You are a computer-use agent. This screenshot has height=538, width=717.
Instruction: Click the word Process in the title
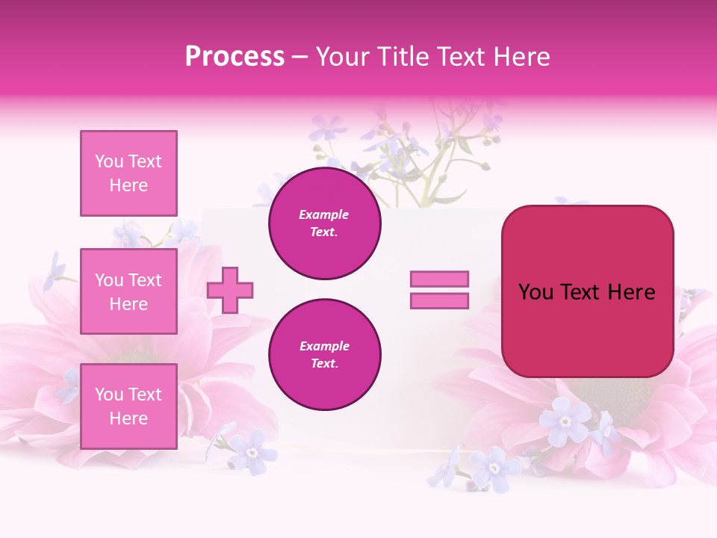[x=235, y=57]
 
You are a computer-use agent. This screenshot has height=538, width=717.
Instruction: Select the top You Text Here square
[x=128, y=173]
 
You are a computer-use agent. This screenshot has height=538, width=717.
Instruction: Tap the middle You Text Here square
[x=128, y=291]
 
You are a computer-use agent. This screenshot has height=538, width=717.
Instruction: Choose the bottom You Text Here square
[x=128, y=406]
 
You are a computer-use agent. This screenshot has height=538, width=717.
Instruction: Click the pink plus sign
[x=230, y=290]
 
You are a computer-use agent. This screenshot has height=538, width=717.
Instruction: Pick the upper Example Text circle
[x=325, y=223]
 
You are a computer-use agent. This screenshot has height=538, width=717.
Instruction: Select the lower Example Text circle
[x=325, y=355]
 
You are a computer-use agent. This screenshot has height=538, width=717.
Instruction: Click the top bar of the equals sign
[x=439, y=279]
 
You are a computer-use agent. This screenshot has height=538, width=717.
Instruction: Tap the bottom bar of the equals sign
[x=439, y=300]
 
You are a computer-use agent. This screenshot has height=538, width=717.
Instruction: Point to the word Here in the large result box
[x=631, y=292]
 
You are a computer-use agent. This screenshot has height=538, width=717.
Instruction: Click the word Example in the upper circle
[x=324, y=214]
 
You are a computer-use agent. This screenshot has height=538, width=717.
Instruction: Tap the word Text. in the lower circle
[x=324, y=364]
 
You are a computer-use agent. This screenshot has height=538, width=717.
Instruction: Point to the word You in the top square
[x=109, y=161]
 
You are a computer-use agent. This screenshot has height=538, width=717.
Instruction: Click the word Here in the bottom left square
[x=128, y=418]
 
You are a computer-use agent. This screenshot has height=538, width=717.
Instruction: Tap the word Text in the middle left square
[x=145, y=280]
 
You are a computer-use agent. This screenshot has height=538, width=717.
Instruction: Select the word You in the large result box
[x=535, y=292]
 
